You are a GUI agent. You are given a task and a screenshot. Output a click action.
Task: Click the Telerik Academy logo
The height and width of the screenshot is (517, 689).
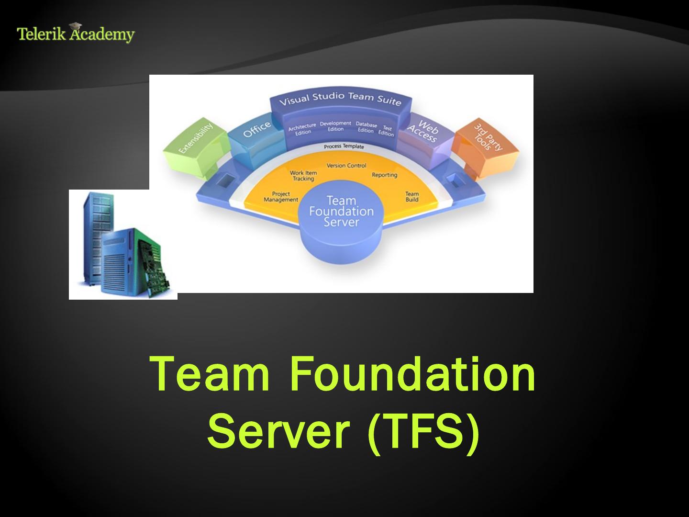(x=76, y=34)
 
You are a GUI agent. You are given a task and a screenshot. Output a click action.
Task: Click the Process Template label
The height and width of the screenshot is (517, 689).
(x=344, y=146)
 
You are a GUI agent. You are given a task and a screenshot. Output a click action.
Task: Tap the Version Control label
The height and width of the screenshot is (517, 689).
(x=346, y=166)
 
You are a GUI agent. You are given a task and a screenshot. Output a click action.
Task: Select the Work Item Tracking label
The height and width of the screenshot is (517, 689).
(x=303, y=176)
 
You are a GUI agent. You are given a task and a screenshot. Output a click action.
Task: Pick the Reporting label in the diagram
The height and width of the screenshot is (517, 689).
(x=384, y=175)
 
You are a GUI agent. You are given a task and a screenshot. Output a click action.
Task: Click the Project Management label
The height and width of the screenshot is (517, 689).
(x=281, y=197)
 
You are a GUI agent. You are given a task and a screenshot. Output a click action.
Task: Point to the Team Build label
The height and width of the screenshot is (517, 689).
(x=412, y=197)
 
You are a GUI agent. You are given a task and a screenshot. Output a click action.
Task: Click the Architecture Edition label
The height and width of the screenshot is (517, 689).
(x=302, y=129)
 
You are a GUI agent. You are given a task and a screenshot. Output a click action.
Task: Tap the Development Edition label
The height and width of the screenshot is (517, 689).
(x=335, y=126)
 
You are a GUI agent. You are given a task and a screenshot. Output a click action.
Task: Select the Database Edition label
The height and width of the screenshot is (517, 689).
(x=366, y=127)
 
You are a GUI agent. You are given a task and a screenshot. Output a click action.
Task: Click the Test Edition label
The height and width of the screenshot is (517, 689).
(x=387, y=131)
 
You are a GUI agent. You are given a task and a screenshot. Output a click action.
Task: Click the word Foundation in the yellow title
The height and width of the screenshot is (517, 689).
(x=412, y=374)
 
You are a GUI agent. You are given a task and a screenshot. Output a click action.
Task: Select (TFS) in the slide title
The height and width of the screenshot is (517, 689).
(x=423, y=431)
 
